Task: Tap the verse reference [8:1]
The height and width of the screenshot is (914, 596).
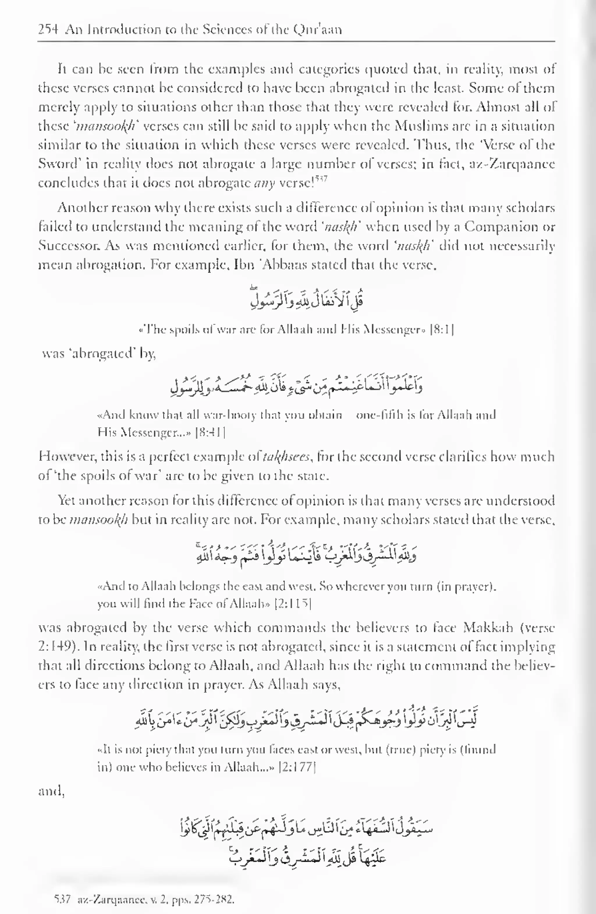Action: pyautogui.click(x=442, y=330)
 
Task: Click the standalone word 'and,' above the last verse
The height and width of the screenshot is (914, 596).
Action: pyautogui.click(x=51, y=792)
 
